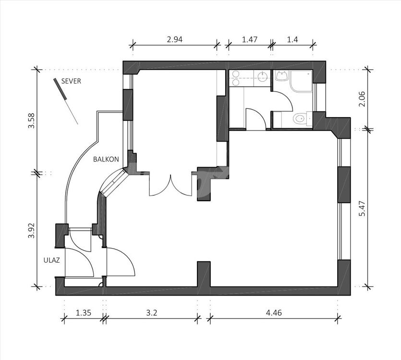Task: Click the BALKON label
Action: coord(106,159)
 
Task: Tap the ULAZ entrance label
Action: coord(52,260)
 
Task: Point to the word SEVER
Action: coord(71,81)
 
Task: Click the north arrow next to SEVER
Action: coord(65,101)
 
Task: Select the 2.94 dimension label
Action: coord(175,39)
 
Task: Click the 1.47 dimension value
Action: coord(250,39)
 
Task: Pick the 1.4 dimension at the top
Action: coord(292,39)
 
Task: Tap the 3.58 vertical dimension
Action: coord(32,120)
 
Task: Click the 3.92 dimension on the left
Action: coord(32,230)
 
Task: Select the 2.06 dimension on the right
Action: coord(363,99)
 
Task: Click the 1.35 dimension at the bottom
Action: coord(84,312)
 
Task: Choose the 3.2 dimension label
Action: coord(152,312)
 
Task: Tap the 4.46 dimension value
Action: coord(274,312)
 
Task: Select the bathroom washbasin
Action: coord(282,76)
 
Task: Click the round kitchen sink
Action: coord(262,76)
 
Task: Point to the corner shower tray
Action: coord(302,81)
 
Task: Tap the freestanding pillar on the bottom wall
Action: coord(204,274)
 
